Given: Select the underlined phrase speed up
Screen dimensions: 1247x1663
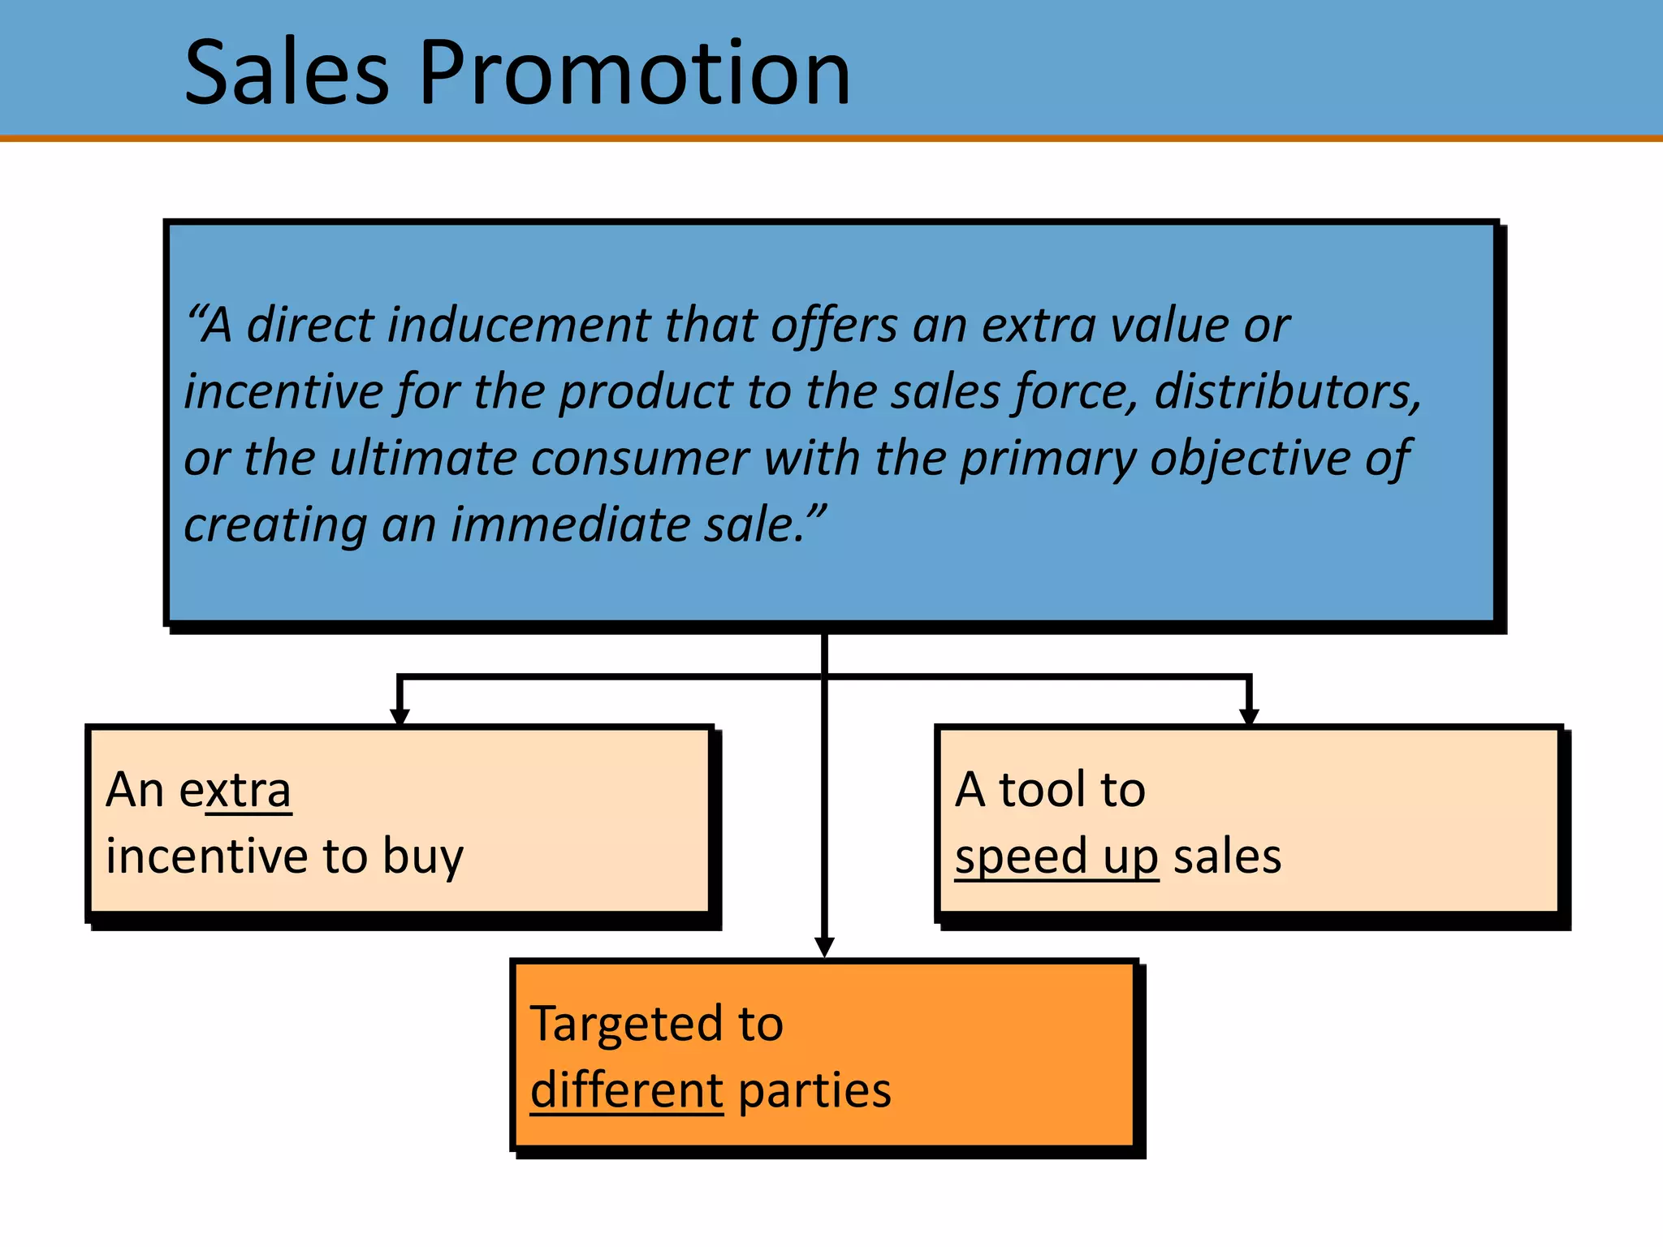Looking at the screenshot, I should click(x=1056, y=858).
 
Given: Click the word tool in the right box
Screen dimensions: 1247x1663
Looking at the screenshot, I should click(x=1042, y=790).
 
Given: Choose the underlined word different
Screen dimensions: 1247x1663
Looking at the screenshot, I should click(x=626, y=1090).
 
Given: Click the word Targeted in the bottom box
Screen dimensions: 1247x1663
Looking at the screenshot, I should click(x=625, y=1025).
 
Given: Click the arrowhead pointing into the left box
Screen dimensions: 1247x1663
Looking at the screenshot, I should click(x=400, y=716).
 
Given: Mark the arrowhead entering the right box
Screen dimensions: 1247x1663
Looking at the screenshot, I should click(x=1249, y=716).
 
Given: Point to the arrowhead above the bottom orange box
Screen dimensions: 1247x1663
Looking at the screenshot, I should click(x=824, y=947).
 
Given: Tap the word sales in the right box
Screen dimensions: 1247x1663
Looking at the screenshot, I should click(x=1227, y=857).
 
